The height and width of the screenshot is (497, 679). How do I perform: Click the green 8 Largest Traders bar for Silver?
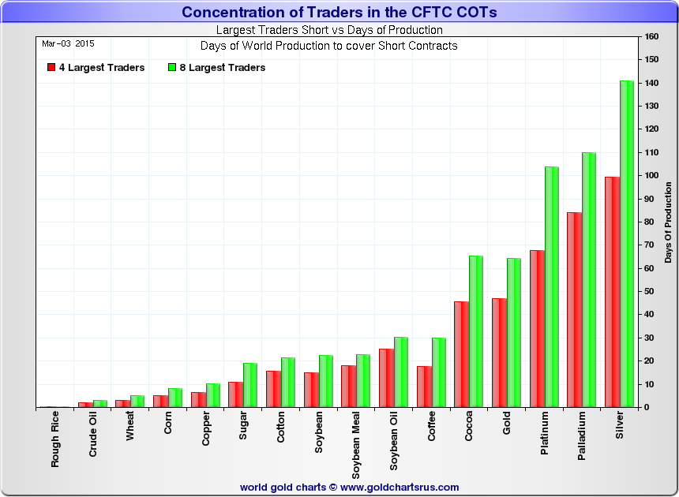(627, 244)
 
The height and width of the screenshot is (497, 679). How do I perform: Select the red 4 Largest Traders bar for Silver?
(612, 292)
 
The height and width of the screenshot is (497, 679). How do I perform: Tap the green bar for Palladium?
(589, 280)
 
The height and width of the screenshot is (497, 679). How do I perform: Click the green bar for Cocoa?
(475, 331)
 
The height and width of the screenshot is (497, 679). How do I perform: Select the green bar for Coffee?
(438, 372)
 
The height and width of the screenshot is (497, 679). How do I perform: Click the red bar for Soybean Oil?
(386, 378)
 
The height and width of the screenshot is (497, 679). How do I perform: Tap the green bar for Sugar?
(249, 385)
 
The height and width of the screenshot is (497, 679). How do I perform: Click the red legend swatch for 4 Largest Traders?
(51, 68)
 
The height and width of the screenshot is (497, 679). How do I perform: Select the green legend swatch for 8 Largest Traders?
(172, 68)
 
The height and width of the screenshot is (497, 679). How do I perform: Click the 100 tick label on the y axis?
(652, 176)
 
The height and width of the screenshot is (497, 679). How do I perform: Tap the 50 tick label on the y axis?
(651, 292)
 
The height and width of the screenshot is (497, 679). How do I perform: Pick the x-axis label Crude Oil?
(92, 441)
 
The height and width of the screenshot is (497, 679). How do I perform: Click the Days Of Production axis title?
(668, 222)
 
